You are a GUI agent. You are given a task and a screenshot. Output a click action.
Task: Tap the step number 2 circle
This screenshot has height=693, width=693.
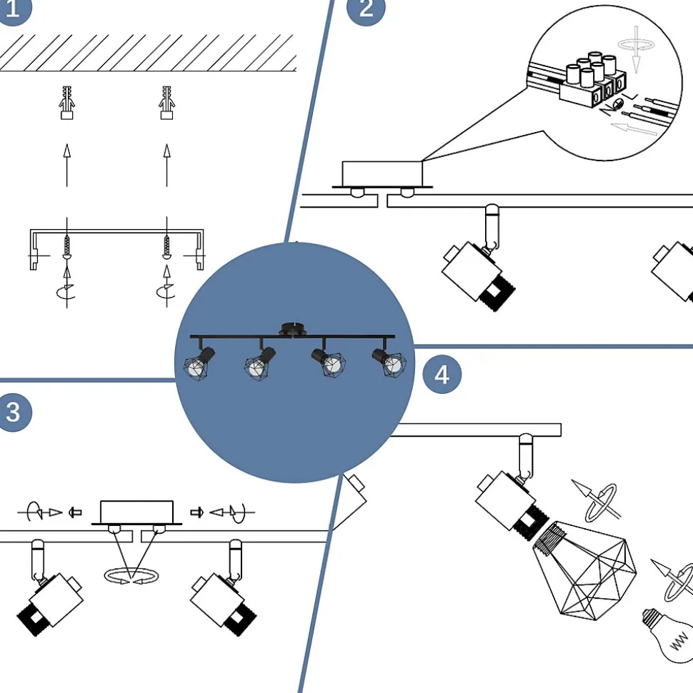[365, 9]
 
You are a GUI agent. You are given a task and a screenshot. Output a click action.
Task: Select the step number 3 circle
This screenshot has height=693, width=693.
[13, 412]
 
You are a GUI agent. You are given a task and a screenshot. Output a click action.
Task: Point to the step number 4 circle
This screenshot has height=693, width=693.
[442, 374]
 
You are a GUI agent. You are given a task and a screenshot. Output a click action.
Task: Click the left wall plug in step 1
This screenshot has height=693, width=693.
[66, 102]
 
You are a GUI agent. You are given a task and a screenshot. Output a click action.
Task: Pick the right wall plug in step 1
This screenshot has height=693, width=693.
[166, 102]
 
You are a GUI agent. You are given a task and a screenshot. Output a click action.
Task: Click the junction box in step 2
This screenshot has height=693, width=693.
[382, 173]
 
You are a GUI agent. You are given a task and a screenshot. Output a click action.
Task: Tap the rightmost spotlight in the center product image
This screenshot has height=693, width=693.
[388, 362]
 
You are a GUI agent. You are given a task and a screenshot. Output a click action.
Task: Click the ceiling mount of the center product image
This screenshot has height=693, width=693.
[291, 328]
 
